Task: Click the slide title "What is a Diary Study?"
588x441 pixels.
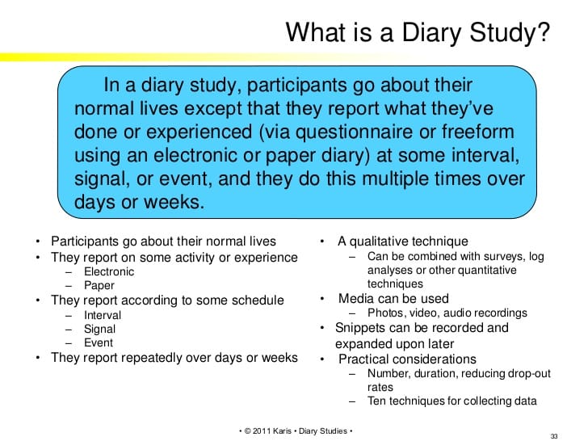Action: pyautogui.click(x=419, y=32)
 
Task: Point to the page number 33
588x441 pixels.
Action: pyautogui.click(x=553, y=435)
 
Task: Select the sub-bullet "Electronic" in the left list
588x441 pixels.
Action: pyautogui.click(x=109, y=271)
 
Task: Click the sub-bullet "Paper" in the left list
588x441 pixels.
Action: pyautogui.click(x=99, y=285)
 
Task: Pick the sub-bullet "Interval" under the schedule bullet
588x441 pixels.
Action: pyautogui.click(x=103, y=315)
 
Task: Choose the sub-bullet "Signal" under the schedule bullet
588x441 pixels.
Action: pyautogui.click(x=100, y=329)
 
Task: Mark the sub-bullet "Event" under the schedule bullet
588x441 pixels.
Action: pyautogui.click(x=99, y=342)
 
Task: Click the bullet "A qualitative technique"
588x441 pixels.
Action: pyautogui.click(x=403, y=241)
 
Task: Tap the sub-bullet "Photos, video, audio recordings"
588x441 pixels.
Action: pyautogui.click(x=447, y=313)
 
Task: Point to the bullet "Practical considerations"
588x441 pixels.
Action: pyautogui.click(x=407, y=359)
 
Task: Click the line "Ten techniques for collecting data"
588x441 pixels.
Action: pyautogui.click(x=451, y=401)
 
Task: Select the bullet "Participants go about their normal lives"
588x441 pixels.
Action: pyautogui.click(x=163, y=241)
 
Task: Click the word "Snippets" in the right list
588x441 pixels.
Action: pyautogui.click(x=365, y=328)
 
